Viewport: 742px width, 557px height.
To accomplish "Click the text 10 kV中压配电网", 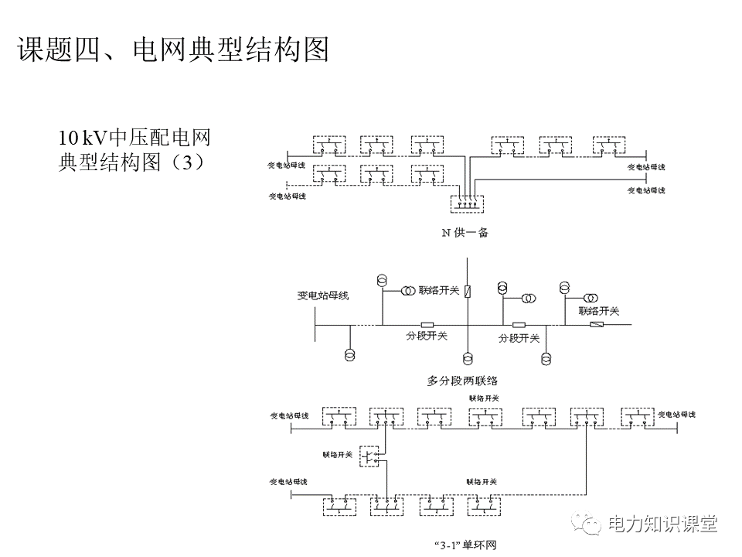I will coord(134,139).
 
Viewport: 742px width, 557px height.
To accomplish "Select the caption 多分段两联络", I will coord(462,381).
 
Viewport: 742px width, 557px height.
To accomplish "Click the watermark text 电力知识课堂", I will coord(662,524).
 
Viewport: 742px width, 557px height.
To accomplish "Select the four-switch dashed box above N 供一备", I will coord(467,204).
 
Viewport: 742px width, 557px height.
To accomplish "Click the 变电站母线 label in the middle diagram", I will coord(323,296).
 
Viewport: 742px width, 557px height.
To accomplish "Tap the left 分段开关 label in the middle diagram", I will coord(427,336).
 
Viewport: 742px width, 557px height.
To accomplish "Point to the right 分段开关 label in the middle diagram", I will coord(518,338).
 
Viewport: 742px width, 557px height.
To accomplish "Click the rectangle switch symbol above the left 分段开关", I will coord(427,324).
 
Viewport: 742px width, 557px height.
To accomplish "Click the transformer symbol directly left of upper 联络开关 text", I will coord(407,292).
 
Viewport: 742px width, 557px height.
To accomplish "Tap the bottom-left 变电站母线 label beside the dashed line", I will coord(287,196).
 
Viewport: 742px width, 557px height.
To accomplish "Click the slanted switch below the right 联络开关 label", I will coord(597,325).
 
